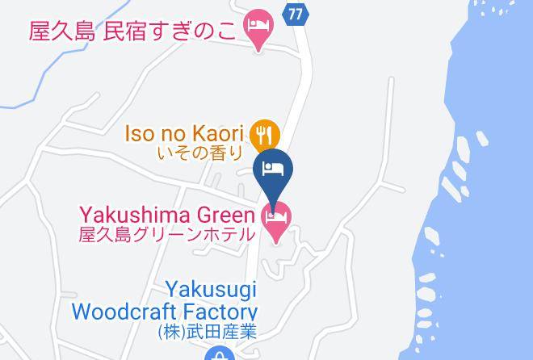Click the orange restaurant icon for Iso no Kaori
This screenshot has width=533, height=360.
click(264, 133)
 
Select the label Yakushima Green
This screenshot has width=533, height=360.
click(168, 216)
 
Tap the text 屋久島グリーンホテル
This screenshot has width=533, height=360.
click(167, 235)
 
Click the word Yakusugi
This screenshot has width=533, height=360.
click(212, 288)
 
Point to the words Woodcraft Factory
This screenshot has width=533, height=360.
click(164, 311)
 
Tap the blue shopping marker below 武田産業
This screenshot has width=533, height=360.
click(218, 354)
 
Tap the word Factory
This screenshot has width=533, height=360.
click(222, 311)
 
